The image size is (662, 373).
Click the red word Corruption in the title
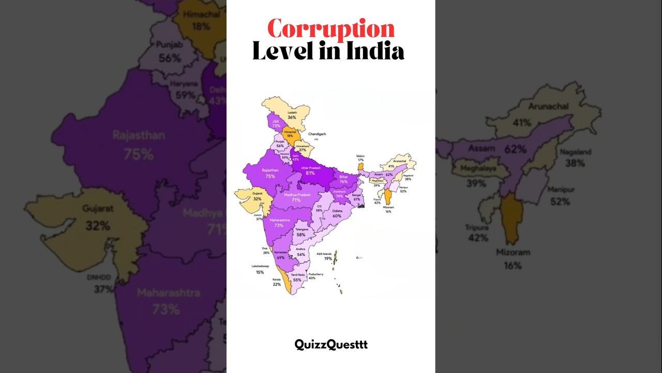click(331, 29)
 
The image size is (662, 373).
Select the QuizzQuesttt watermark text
click(331, 345)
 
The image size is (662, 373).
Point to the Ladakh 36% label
click(292, 115)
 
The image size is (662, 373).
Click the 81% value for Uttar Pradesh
click(310, 173)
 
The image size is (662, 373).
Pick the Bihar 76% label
click(343, 179)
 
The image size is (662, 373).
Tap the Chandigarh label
click(317, 134)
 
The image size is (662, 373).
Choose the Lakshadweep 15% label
click(260, 269)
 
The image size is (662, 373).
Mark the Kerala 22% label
click(277, 282)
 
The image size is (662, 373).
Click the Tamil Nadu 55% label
click(297, 277)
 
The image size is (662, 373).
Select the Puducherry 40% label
click(315, 276)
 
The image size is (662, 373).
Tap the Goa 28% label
click(266, 250)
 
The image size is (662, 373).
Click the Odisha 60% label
click(337, 213)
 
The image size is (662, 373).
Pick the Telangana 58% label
click(301, 232)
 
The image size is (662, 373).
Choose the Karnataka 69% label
click(281, 255)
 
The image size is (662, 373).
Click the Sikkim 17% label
click(360, 157)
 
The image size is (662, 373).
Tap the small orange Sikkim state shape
click(360, 167)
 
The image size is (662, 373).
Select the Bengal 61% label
click(356, 197)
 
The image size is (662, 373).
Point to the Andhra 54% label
click(301, 252)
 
